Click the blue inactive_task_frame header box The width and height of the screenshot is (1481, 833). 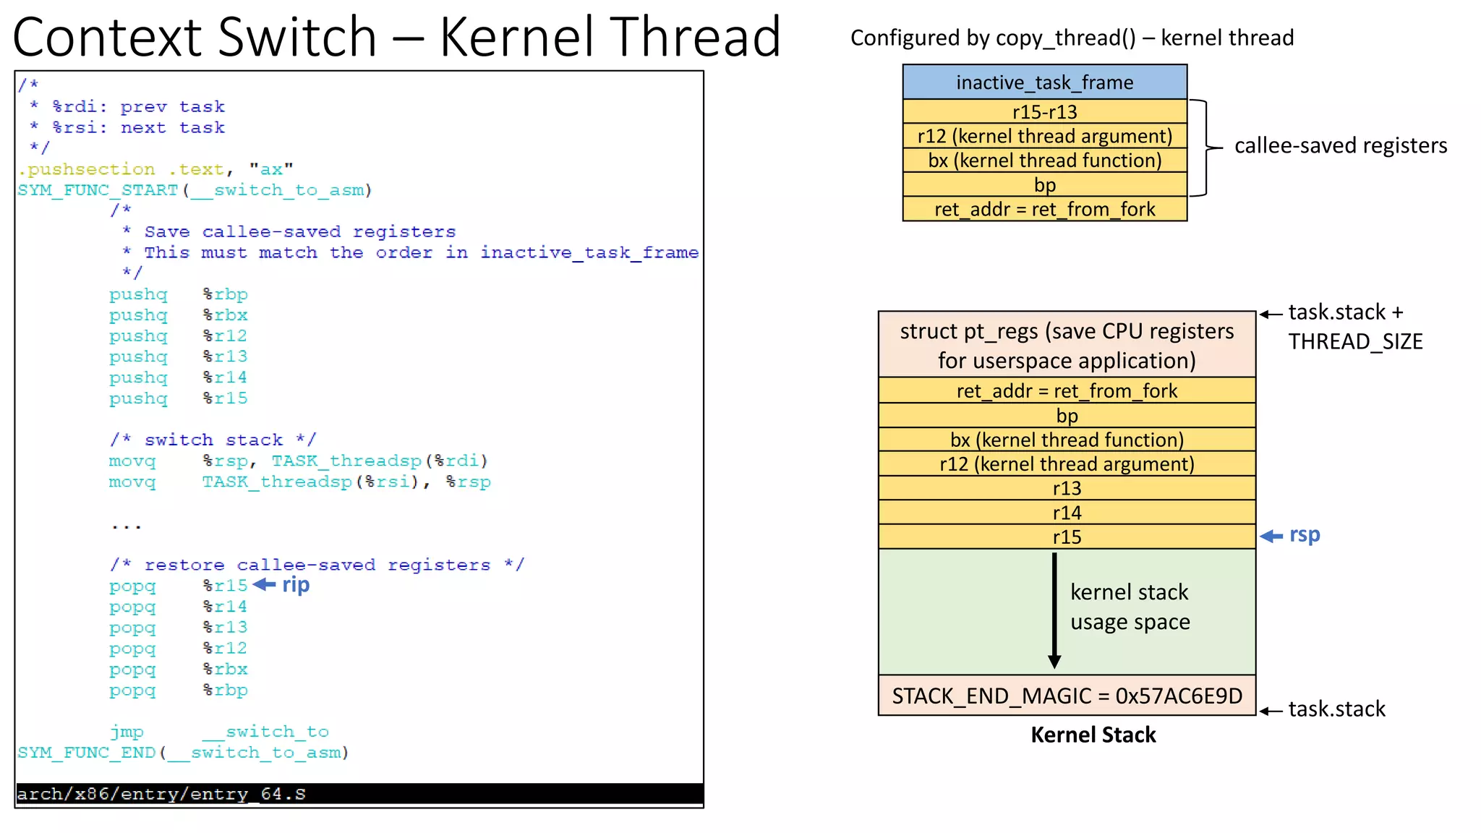tap(1044, 82)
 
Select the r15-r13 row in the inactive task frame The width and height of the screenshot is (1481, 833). tap(1044, 111)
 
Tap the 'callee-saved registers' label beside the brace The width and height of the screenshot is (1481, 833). tap(1340, 145)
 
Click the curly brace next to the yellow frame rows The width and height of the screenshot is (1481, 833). tap(1205, 148)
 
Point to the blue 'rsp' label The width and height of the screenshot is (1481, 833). tap(1305, 535)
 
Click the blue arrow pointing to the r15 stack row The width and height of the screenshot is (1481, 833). tap(1271, 536)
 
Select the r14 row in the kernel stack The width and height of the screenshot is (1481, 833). tap(1067, 513)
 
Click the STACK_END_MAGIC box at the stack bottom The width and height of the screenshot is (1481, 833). tap(1067, 696)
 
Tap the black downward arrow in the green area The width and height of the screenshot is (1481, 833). tap(1054, 611)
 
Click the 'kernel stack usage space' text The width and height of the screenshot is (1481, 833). tap(1130, 607)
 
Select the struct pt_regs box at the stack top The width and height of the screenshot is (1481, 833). tap(1067, 345)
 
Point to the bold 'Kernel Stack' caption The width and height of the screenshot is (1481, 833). tap(1093, 735)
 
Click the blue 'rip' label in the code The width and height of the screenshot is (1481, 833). tap(296, 584)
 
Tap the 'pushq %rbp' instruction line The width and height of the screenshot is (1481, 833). tap(178, 294)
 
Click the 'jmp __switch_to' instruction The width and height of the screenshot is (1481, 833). tap(219, 732)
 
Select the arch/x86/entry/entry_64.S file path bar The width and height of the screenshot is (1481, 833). tap(359, 794)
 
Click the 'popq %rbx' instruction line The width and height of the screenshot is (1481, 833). tap(178, 669)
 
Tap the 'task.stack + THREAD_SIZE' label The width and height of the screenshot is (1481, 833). tap(1354, 327)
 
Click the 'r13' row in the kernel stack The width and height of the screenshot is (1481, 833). tap(1067, 488)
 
